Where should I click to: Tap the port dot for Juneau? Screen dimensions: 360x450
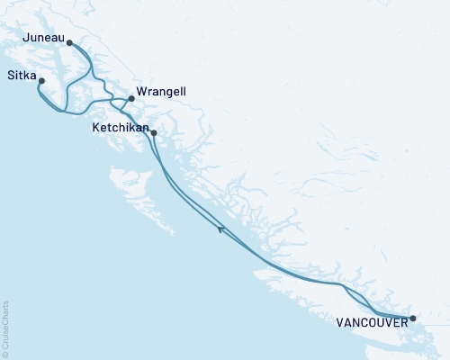pos(70,41)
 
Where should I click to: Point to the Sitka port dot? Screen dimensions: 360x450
pos(41,81)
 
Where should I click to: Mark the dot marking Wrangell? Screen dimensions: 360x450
pos(131,99)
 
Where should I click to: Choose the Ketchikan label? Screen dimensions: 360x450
pos(120,129)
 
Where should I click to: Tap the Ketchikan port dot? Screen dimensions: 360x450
pos(154,133)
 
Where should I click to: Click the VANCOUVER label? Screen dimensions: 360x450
pos(370,319)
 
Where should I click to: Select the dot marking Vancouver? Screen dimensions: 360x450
pos(413,319)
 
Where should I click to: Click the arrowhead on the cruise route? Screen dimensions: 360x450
pos(220,229)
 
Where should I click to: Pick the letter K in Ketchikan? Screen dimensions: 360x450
pos(95,129)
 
